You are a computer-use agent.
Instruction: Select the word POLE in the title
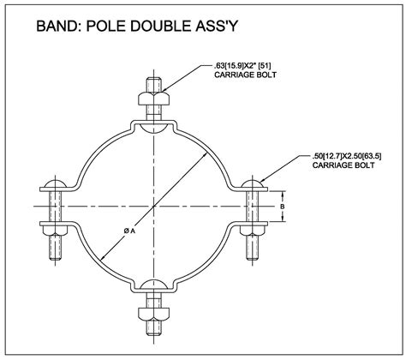(x=105, y=26)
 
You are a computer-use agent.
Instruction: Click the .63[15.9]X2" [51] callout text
(x=242, y=66)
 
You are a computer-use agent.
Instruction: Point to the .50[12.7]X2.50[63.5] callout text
(x=347, y=156)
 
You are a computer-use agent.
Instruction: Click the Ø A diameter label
(x=129, y=231)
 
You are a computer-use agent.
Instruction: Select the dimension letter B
(x=282, y=207)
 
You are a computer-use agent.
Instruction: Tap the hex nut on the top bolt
(x=154, y=99)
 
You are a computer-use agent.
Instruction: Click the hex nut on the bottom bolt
(x=154, y=314)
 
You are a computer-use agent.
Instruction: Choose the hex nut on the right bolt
(x=253, y=231)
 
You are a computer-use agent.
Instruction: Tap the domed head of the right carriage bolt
(x=253, y=184)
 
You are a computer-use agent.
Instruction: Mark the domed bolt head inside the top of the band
(x=154, y=128)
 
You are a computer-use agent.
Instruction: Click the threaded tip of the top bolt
(x=154, y=85)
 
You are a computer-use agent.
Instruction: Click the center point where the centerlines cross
(x=154, y=206)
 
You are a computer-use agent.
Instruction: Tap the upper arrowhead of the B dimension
(x=283, y=195)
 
